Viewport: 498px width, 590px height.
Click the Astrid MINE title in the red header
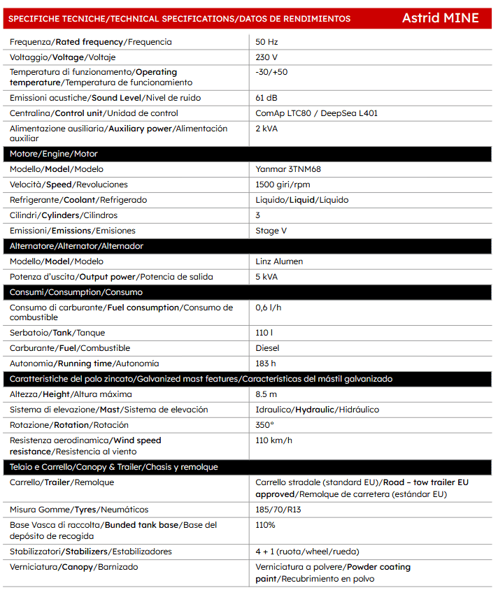click(440, 18)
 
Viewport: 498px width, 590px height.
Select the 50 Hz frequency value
click(266, 42)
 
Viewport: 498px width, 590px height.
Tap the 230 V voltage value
click(266, 57)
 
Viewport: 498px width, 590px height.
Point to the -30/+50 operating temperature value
click(271, 72)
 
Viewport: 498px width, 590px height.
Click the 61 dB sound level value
click(266, 98)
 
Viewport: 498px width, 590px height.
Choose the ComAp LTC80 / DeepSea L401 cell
click(316, 113)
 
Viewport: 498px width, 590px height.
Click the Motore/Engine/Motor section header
click(53, 154)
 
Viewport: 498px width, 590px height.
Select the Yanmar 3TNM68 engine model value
click(288, 169)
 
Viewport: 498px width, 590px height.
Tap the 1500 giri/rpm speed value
click(283, 185)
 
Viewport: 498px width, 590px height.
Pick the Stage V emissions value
click(271, 231)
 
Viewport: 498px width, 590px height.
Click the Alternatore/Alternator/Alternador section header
click(76, 246)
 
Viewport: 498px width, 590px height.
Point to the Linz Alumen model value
click(279, 261)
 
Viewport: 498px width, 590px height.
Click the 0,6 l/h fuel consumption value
click(269, 308)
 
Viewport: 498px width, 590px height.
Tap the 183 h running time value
click(266, 364)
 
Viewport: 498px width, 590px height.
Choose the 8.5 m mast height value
click(266, 394)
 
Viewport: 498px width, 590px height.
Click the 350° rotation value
click(265, 425)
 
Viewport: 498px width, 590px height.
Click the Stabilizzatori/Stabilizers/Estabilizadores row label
click(90, 552)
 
